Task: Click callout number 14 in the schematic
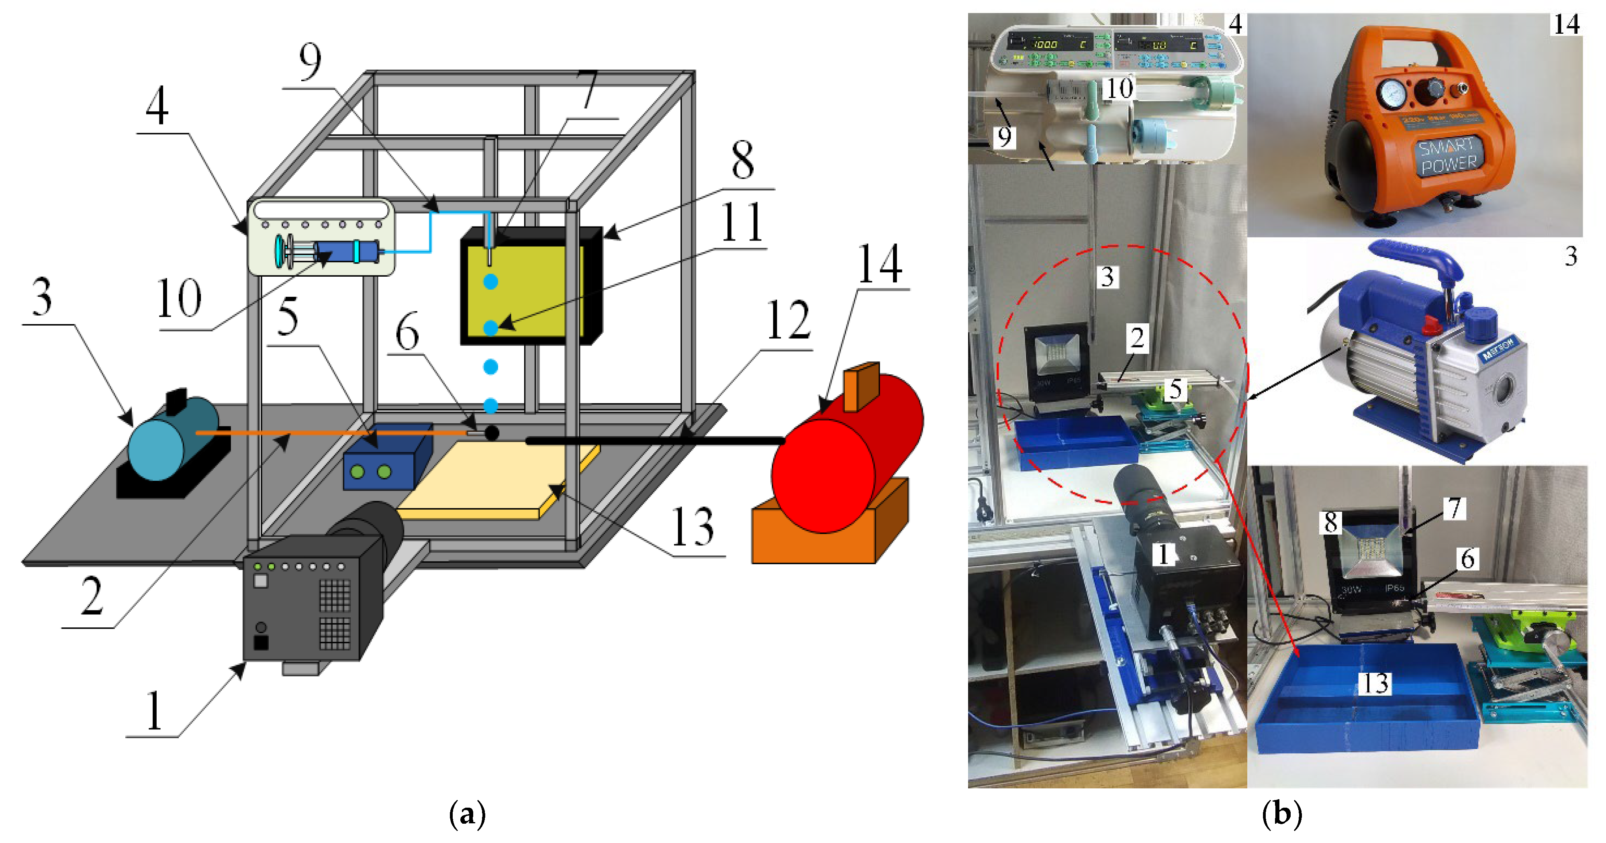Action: coord(880,264)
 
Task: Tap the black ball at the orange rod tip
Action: coord(492,433)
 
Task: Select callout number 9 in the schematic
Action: coord(310,62)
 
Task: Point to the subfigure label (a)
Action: coord(467,814)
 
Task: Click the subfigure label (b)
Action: coord(1282,814)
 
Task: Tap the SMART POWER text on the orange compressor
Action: coord(1448,156)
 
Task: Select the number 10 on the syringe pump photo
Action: coord(1118,88)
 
